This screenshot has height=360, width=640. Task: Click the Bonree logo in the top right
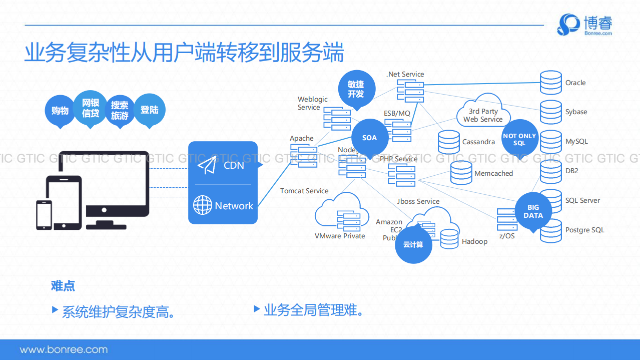pyautogui.click(x=584, y=25)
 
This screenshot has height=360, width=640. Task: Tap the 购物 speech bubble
pyautogui.click(x=60, y=111)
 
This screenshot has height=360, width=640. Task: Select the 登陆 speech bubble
pyautogui.click(x=149, y=109)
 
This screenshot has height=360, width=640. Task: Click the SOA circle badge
pyautogui.click(x=369, y=138)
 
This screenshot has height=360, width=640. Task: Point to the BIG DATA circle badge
pyautogui.click(x=533, y=211)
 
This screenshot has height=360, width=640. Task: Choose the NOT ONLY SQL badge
pyautogui.click(x=519, y=139)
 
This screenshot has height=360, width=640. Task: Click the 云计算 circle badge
pyautogui.click(x=413, y=244)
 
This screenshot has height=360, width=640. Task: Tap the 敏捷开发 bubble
pyautogui.click(x=356, y=89)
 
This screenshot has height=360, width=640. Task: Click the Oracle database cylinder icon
pyautogui.click(x=551, y=83)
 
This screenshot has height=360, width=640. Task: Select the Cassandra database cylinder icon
pyautogui.click(x=448, y=142)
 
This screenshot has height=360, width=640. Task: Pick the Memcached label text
pyautogui.click(x=493, y=173)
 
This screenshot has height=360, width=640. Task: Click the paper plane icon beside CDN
pyautogui.click(x=207, y=165)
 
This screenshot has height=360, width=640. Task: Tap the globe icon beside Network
pyautogui.click(x=203, y=205)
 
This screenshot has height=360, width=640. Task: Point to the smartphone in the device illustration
pyautogui.click(x=44, y=214)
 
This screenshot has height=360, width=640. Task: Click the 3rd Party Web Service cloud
pyautogui.click(x=483, y=113)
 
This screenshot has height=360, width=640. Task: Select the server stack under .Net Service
pyautogui.click(x=410, y=92)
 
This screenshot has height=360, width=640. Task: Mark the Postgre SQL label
pyautogui.click(x=584, y=230)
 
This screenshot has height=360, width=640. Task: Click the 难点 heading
pyautogui.click(x=63, y=286)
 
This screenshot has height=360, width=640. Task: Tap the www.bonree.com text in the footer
pyautogui.click(x=64, y=349)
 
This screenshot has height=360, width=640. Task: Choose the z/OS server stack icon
pyautogui.click(x=506, y=220)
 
